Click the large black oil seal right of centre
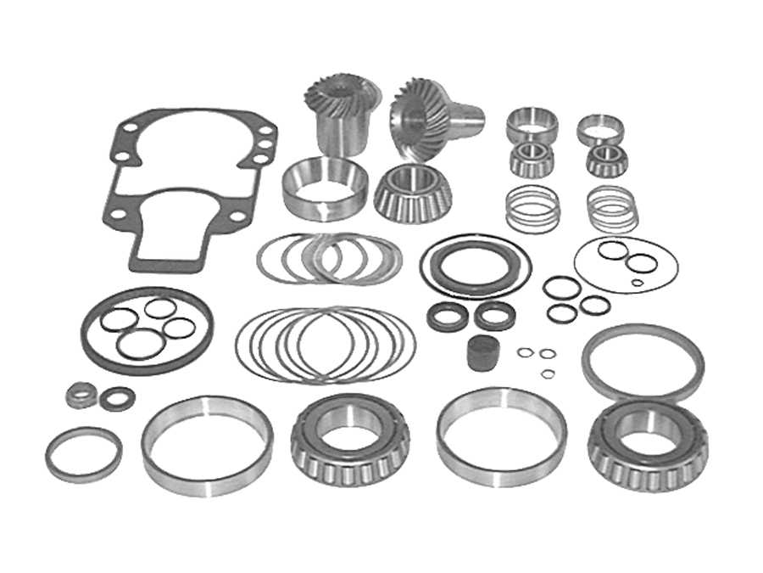(x=475, y=266)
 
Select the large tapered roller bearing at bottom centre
(x=349, y=441)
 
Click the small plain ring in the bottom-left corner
(x=83, y=453)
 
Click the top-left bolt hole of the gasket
(x=130, y=128)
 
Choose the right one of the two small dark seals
(x=494, y=315)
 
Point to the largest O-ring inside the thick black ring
(x=141, y=344)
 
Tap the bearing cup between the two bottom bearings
(x=502, y=437)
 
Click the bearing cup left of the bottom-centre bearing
(x=207, y=445)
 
